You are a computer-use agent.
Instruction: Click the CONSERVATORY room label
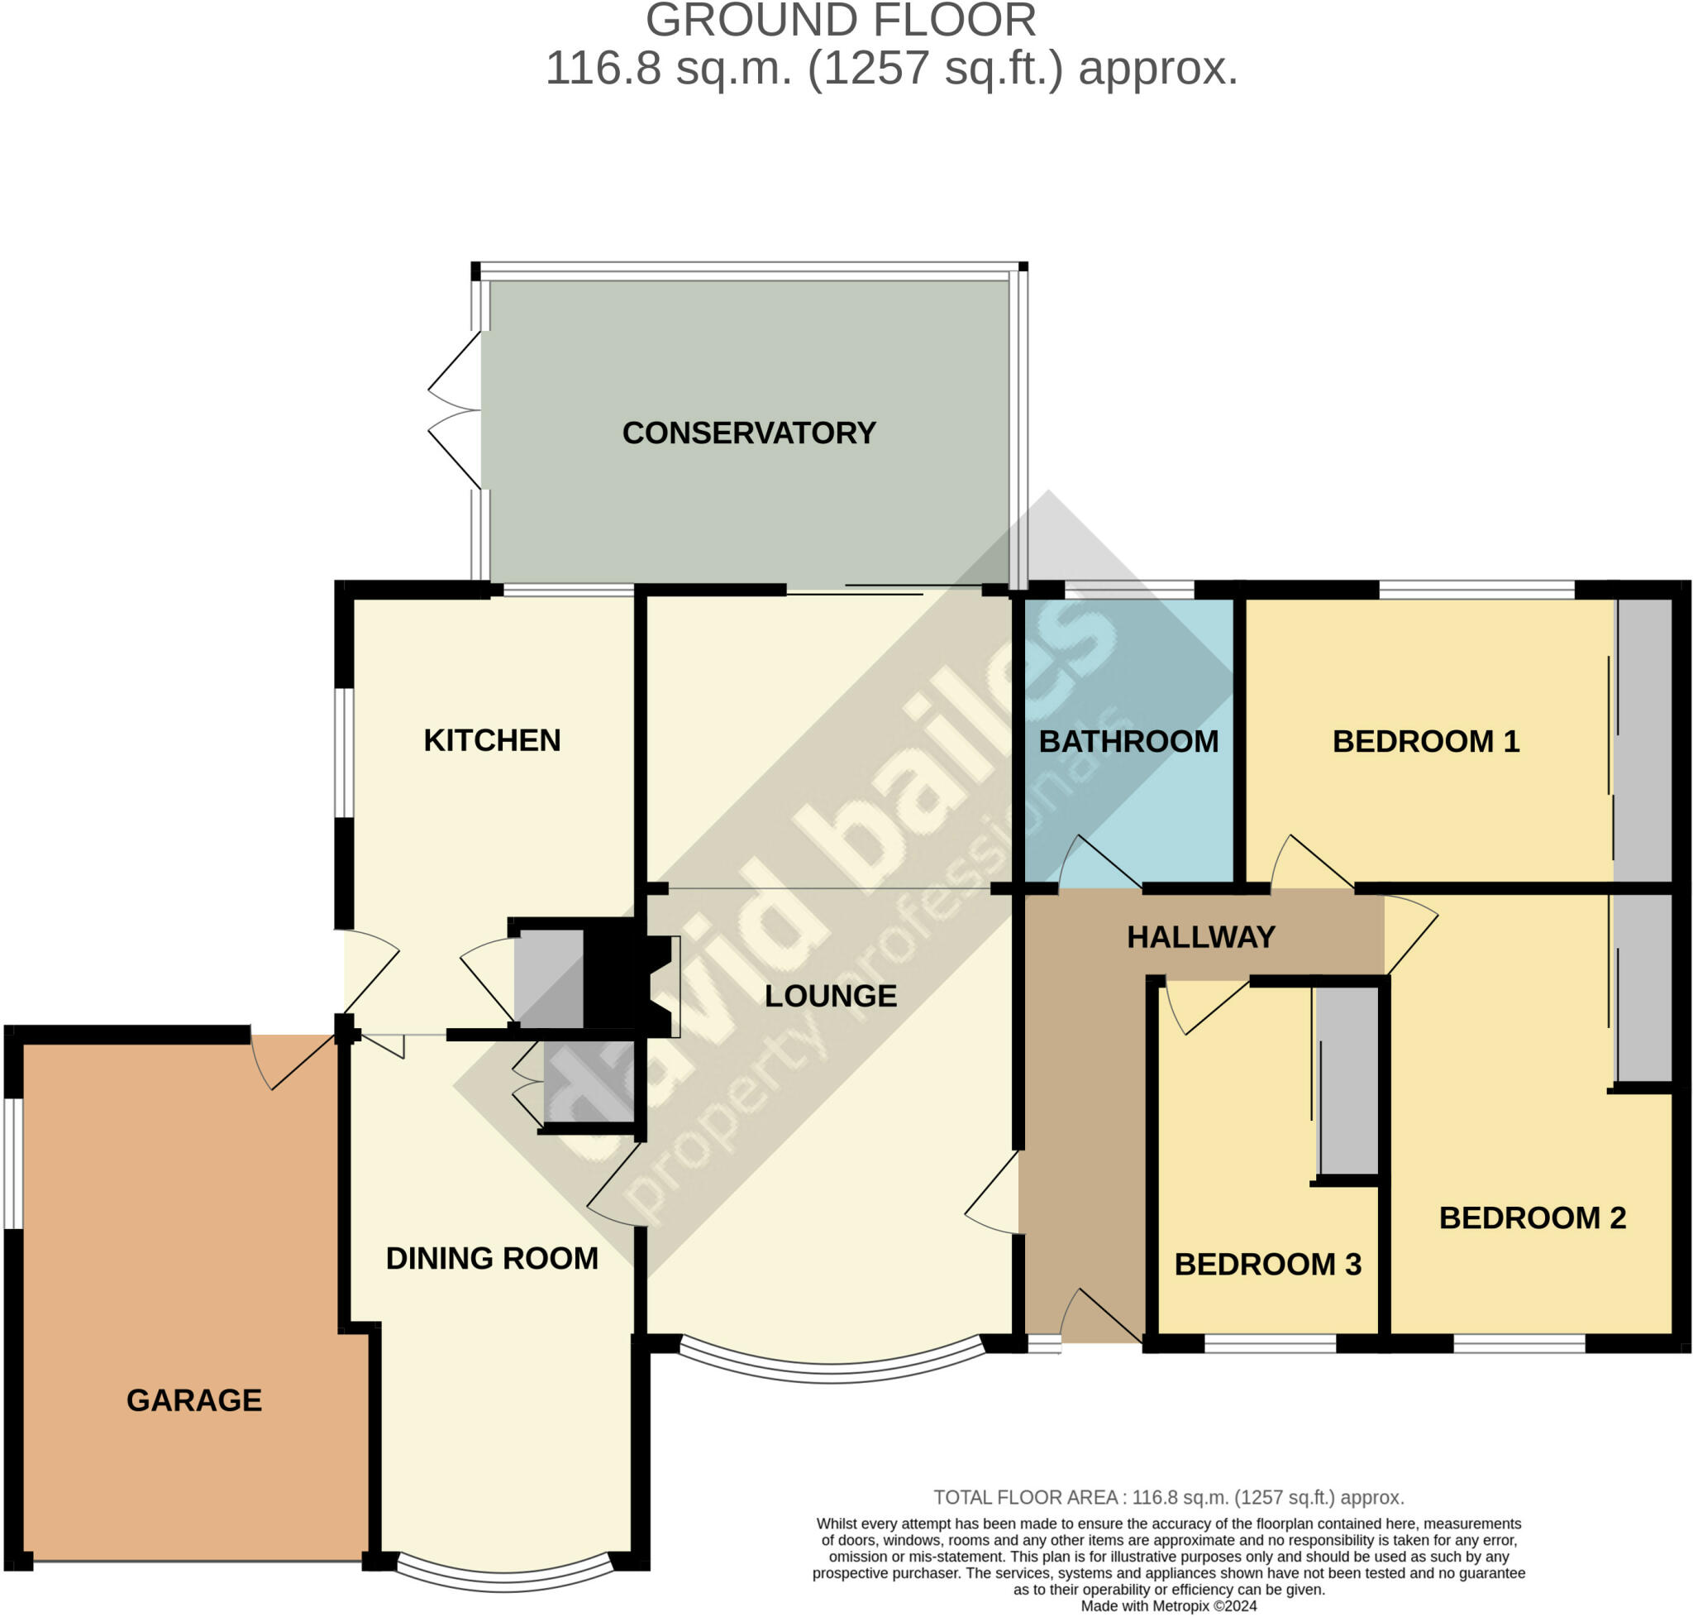(x=749, y=433)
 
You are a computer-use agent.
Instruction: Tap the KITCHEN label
(x=492, y=740)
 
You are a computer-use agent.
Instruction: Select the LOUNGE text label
(x=831, y=997)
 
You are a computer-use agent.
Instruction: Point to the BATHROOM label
(x=1128, y=741)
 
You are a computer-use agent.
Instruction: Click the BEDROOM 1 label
(x=1426, y=741)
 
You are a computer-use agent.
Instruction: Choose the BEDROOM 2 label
(x=1533, y=1218)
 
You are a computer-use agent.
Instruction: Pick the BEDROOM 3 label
(x=1268, y=1265)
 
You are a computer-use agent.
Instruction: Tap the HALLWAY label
(x=1201, y=937)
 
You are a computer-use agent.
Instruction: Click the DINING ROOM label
(x=492, y=1258)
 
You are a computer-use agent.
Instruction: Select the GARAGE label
(x=195, y=1400)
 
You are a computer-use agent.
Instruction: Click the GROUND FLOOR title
(x=841, y=21)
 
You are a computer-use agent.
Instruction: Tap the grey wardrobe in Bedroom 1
(x=1643, y=740)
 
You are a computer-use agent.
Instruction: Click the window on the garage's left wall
(x=13, y=1164)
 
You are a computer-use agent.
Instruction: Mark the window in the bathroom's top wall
(x=1129, y=590)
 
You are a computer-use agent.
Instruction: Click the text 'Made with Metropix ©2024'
(x=1169, y=1605)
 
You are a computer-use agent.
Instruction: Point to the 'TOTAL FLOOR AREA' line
(x=1169, y=1497)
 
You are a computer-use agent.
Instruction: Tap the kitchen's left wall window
(x=344, y=753)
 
